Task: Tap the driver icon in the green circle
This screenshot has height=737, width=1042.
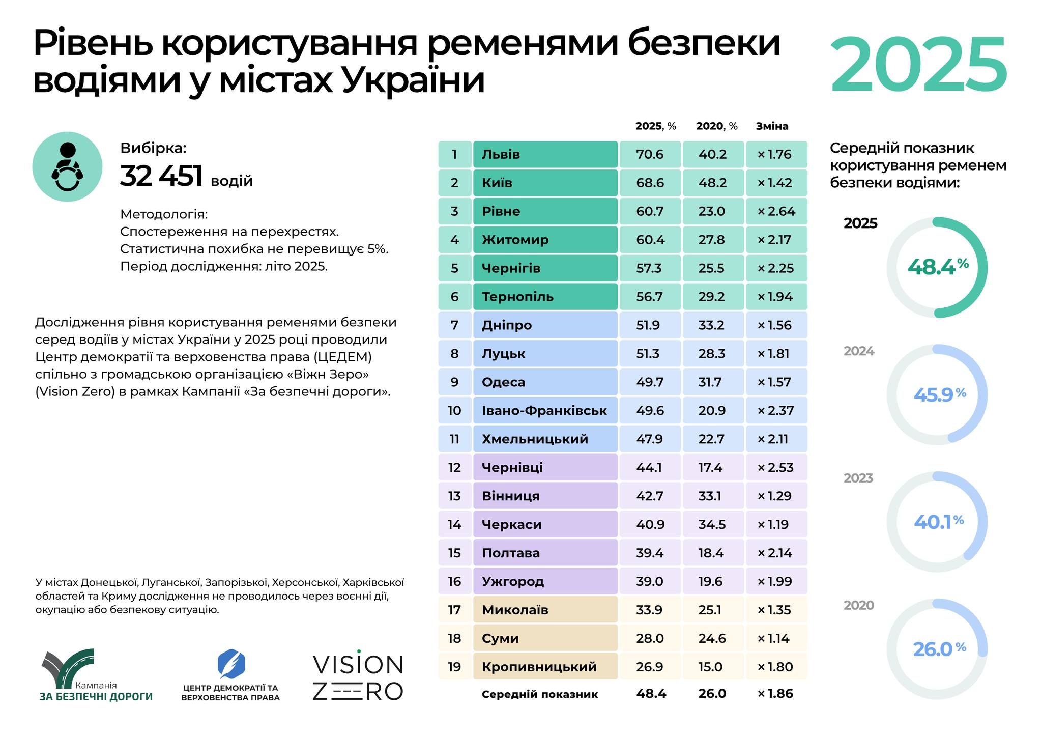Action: tap(67, 167)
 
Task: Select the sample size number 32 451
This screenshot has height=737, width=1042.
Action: tap(161, 176)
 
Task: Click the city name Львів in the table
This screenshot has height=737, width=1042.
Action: tap(501, 154)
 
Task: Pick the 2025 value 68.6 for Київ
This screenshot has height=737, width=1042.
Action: tap(650, 183)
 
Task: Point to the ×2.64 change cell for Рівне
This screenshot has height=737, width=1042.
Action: tap(776, 211)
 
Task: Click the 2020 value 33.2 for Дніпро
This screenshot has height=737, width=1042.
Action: tap(711, 325)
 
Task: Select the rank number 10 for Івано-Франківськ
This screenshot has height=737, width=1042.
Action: tap(454, 411)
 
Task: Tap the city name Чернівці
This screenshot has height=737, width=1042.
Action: tap(512, 467)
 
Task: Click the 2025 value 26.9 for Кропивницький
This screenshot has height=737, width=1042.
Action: tap(649, 667)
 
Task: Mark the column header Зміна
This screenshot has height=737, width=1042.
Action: tap(772, 126)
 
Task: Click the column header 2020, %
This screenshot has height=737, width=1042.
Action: tap(716, 126)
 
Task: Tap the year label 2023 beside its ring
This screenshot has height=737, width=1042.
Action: tap(858, 478)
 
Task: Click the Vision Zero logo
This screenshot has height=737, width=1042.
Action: tap(358, 677)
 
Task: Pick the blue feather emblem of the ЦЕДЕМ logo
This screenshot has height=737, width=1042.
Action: tap(231, 663)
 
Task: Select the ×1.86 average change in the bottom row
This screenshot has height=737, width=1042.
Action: tap(775, 694)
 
